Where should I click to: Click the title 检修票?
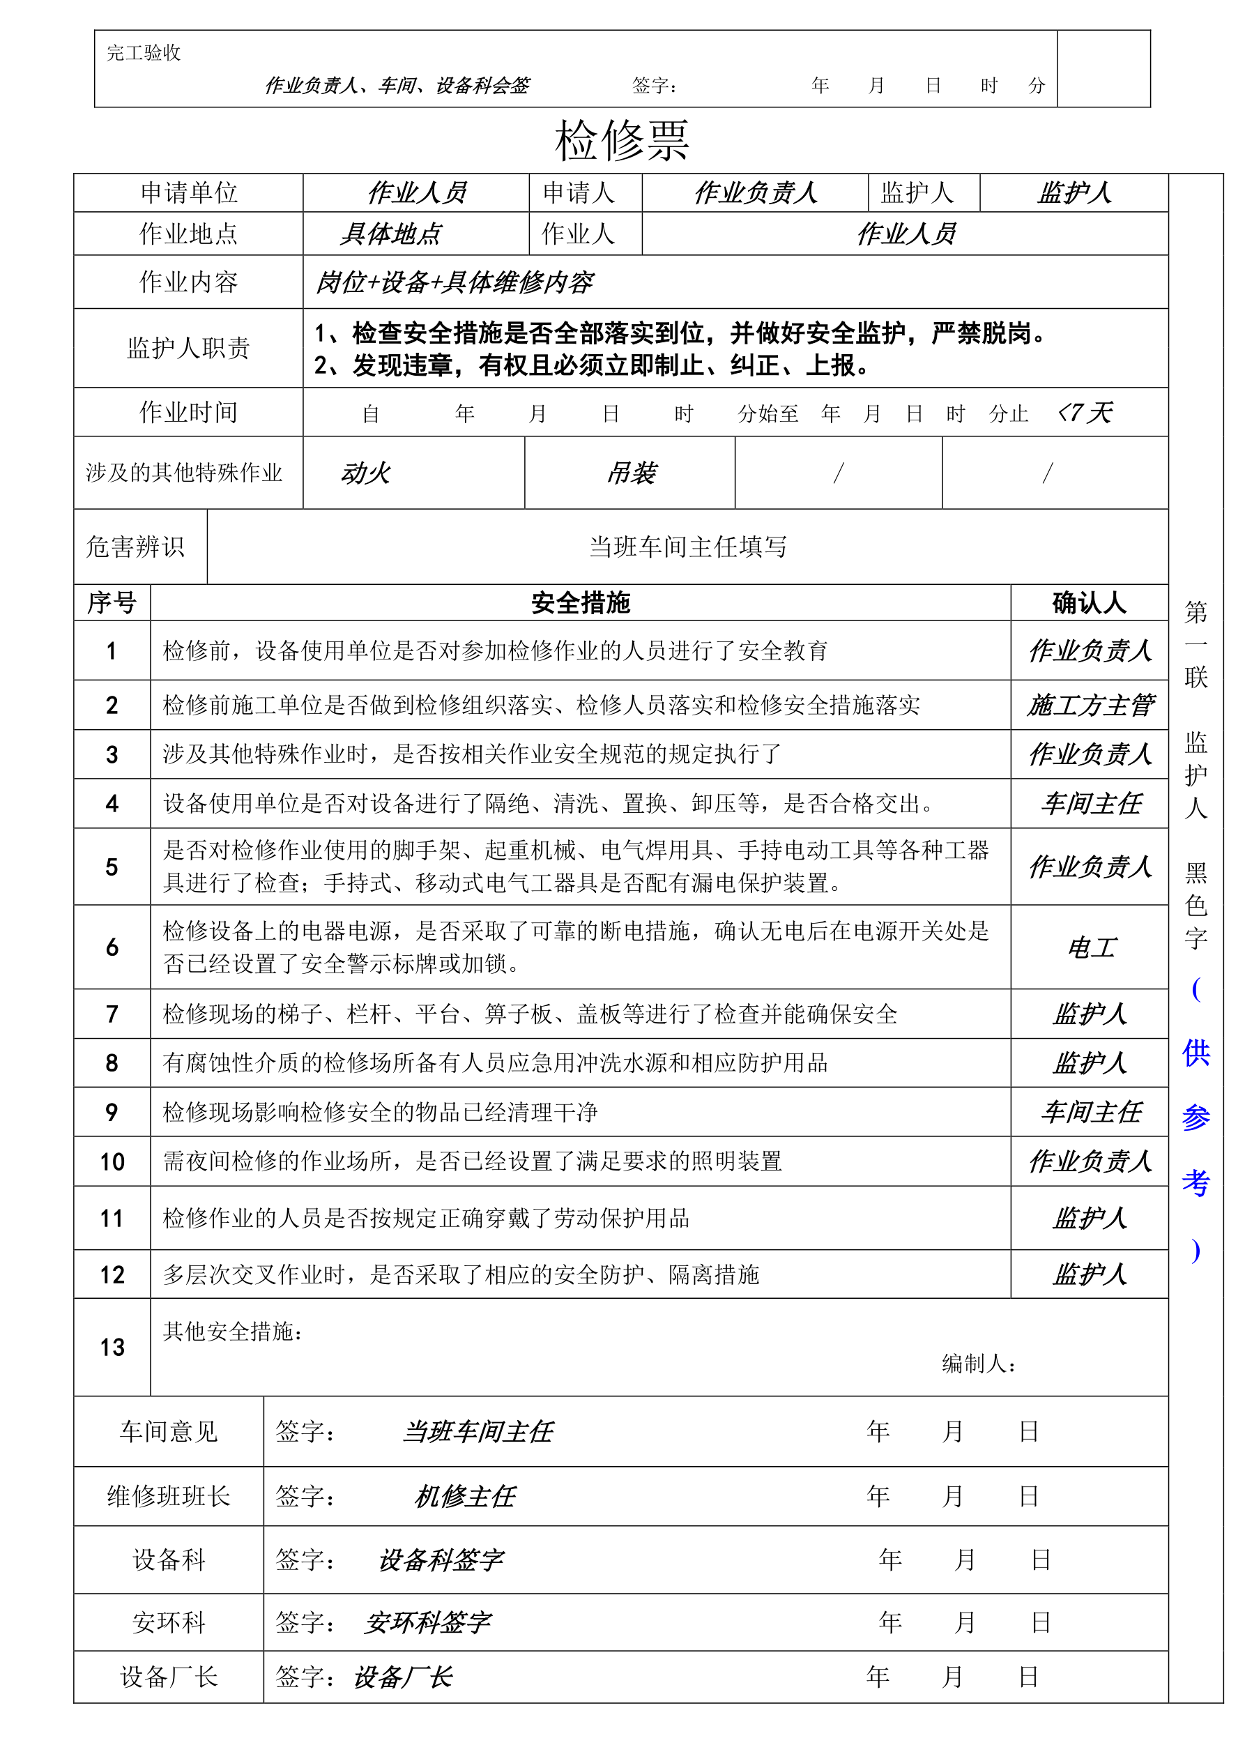621,141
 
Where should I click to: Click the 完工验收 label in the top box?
144,53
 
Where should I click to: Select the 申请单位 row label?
189,192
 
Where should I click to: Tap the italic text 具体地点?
390,234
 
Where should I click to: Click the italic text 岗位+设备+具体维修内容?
454,282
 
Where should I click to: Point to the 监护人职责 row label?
189,348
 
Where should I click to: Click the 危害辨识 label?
135,547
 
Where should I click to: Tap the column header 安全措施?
580,603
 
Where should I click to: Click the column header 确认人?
1089,603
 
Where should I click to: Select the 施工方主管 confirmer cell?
1090,705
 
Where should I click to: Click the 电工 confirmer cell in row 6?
1090,948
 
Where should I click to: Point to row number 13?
112,1347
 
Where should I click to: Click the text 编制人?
979,1363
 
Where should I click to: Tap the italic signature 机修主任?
465,1495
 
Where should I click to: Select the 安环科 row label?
169,1622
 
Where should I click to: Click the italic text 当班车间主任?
477,1431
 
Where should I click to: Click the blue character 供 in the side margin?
1196,1053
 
